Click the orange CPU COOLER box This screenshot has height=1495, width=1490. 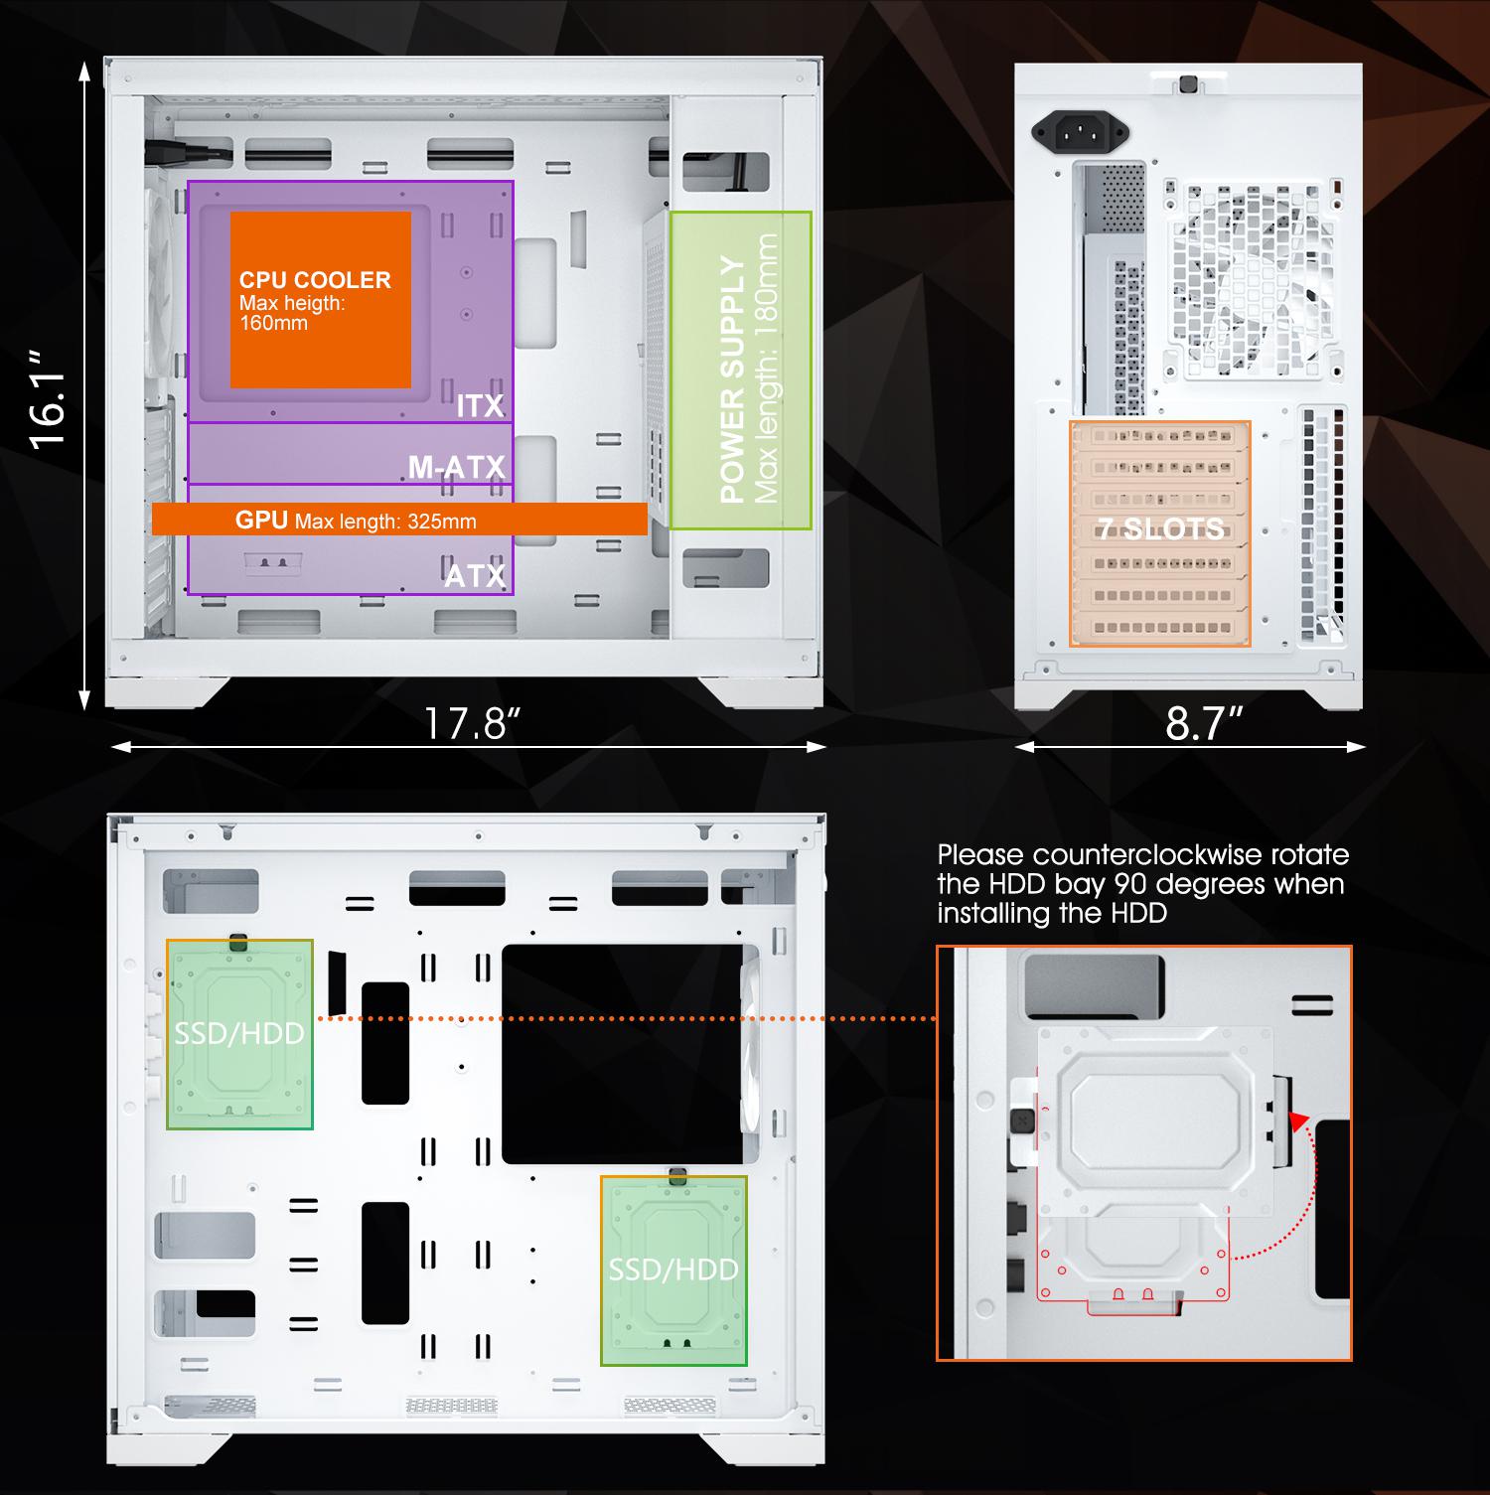[x=321, y=299]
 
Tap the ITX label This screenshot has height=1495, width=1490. [x=481, y=405]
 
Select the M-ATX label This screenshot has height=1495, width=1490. [x=457, y=467]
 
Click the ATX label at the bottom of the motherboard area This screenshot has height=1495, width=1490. [x=475, y=575]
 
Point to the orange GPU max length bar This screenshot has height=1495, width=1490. [x=399, y=519]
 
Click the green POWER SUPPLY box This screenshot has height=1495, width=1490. [x=741, y=370]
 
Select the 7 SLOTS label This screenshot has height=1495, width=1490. [x=1161, y=527]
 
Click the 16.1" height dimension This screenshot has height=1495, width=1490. [x=48, y=398]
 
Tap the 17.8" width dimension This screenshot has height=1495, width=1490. [x=472, y=723]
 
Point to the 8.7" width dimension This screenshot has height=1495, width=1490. [x=1204, y=723]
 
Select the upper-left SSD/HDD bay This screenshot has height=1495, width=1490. [x=239, y=1034]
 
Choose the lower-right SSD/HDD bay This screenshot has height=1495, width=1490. [x=673, y=1271]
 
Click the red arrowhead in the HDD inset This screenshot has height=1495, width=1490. [x=1297, y=1121]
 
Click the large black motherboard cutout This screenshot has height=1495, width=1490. [x=622, y=1054]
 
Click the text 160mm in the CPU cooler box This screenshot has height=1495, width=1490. [x=273, y=323]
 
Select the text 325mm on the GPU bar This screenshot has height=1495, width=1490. [x=442, y=522]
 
